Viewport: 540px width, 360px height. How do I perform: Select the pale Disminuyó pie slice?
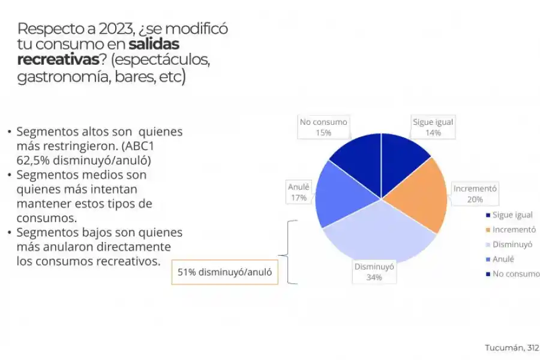[x=378, y=234]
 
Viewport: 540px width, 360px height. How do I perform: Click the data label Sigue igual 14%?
[x=433, y=127]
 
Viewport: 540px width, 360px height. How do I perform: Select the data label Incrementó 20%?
[x=475, y=193]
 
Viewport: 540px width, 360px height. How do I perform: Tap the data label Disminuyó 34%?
[x=374, y=272]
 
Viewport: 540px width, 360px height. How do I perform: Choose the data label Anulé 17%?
[x=298, y=192]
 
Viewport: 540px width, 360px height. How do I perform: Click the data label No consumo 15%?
[x=323, y=127]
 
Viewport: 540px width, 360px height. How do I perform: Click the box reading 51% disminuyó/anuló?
[x=225, y=272]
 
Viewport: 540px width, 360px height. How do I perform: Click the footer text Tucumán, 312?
[x=512, y=348]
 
